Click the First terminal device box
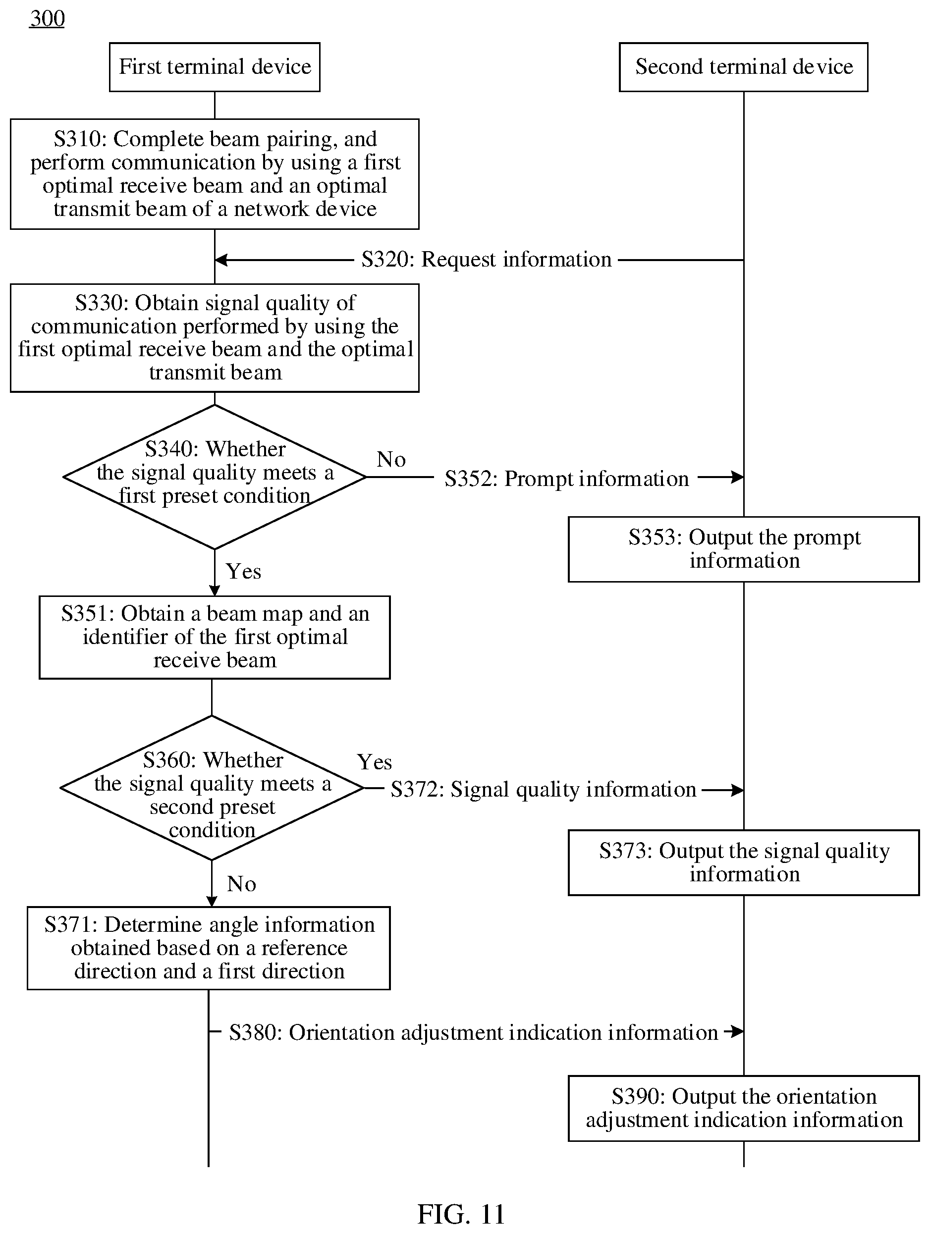point(215,67)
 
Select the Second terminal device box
point(744,67)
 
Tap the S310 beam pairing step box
point(215,174)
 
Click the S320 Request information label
point(487,260)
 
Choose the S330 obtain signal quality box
point(215,338)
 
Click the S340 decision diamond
point(215,477)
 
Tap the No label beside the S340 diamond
point(391,459)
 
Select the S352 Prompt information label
point(566,479)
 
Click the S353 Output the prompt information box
point(744,549)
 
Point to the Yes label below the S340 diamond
point(243,571)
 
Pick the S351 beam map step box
point(215,638)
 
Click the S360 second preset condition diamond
point(212,788)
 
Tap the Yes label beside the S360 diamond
point(375,762)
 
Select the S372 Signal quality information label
point(544,789)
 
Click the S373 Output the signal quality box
point(744,862)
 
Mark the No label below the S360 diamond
point(242,884)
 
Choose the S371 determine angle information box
point(209,948)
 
